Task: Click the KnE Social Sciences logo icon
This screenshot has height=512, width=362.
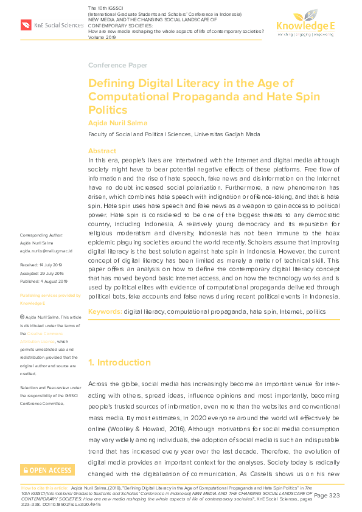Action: [x=26, y=25]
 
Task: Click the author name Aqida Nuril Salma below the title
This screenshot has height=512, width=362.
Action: [x=117, y=123]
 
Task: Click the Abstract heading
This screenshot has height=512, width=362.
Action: [x=102, y=150]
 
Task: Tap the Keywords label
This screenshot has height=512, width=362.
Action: [x=105, y=311]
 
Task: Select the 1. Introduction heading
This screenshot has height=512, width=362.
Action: [x=119, y=363]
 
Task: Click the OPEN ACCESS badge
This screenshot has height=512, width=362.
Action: [x=47, y=470]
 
